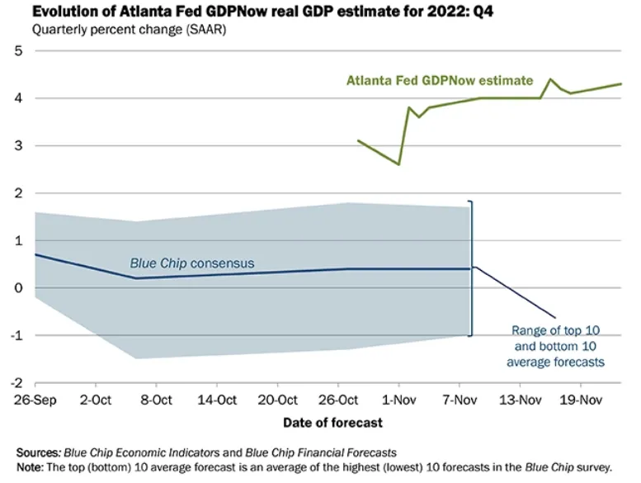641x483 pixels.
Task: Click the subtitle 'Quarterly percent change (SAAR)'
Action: tap(116, 30)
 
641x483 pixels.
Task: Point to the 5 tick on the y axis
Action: tap(17, 51)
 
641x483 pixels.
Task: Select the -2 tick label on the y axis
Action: tap(15, 383)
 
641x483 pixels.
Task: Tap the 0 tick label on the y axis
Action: tap(17, 288)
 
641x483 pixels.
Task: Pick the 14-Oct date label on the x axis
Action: tap(217, 401)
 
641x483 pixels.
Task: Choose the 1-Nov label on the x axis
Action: tap(398, 401)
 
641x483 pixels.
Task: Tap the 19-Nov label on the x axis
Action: tap(580, 401)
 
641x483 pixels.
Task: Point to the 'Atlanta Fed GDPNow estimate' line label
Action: tap(440, 81)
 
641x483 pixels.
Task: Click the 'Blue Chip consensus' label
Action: tap(192, 263)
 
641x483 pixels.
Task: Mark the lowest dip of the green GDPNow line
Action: tap(398, 164)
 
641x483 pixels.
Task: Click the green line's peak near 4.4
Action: tap(550, 79)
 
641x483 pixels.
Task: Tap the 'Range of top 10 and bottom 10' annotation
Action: tap(558, 346)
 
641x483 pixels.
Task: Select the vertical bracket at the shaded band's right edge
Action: tap(472, 268)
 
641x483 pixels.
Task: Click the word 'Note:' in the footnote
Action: tap(31, 466)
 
